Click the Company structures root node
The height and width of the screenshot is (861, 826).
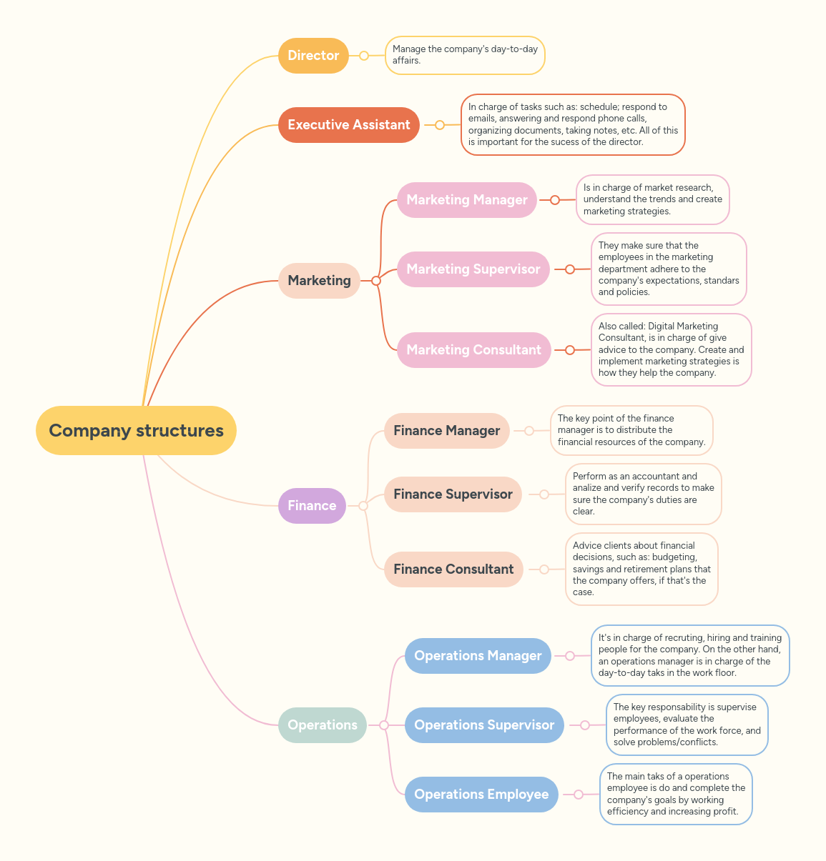[136, 430]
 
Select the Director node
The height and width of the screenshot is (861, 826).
[313, 56]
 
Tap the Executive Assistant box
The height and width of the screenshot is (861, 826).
[349, 125]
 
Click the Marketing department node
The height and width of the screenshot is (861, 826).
[319, 281]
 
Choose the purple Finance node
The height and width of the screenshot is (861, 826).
[312, 506]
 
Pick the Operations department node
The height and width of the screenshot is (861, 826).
[323, 725]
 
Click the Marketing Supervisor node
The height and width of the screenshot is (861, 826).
[473, 269]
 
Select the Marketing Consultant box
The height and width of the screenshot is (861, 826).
[474, 350]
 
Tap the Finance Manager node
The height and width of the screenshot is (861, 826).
[447, 431]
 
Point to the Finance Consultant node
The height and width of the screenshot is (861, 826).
[453, 569]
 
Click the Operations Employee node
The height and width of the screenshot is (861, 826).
[481, 795]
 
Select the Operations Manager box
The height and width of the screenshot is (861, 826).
[478, 656]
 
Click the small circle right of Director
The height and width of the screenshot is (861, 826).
[364, 56]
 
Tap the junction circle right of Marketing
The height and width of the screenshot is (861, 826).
[376, 281]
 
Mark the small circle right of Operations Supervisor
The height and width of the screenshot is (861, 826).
[585, 725]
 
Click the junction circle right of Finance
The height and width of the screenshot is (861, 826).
[363, 506]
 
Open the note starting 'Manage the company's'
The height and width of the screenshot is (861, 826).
[465, 55]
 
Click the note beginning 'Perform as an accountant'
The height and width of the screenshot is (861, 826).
[643, 494]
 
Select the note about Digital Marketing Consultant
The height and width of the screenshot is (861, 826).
[671, 349]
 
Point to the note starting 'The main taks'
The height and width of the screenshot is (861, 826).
[676, 794]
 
